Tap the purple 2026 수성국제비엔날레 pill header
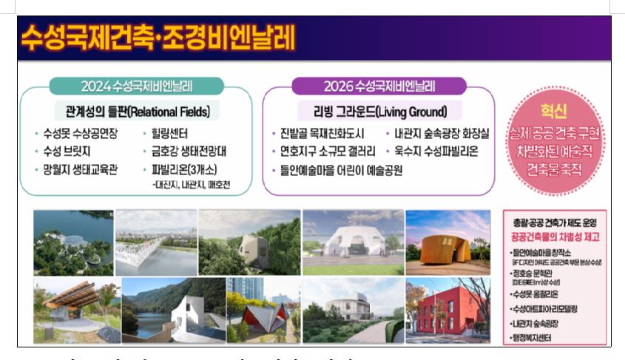pyautogui.click(x=379, y=86)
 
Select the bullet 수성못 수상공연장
pyautogui.click(x=76, y=135)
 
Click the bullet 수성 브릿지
pyautogui.click(x=66, y=152)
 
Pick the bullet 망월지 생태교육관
pyautogui.click(x=76, y=169)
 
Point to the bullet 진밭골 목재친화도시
pyautogui.click(x=322, y=135)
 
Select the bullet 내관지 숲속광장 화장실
pyautogui.click(x=441, y=135)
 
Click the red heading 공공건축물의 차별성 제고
pyautogui.click(x=550, y=236)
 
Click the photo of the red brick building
pyautogui.click(x=447, y=309)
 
